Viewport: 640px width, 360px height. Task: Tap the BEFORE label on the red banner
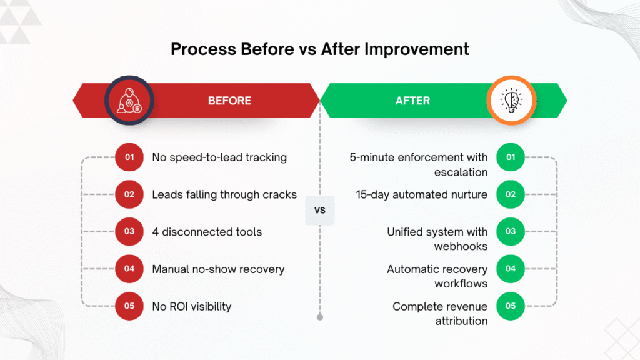click(x=229, y=101)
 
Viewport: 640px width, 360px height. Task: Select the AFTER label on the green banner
click(x=412, y=101)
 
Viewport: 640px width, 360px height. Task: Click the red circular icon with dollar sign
click(x=129, y=101)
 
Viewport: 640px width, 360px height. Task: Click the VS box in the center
click(x=320, y=211)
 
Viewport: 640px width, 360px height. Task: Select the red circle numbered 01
click(x=129, y=157)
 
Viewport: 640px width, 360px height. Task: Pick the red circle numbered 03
click(x=129, y=232)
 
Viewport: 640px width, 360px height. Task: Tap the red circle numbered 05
click(x=129, y=306)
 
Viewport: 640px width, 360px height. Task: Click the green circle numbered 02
click(x=511, y=194)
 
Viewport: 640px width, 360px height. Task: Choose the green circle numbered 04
click(x=511, y=269)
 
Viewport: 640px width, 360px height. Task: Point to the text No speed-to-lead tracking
click(x=219, y=157)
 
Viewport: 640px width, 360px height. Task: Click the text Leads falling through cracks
click(x=224, y=194)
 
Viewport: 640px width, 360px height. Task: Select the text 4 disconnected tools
click(x=207, y=232)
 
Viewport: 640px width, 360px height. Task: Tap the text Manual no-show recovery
click(x=218, y=269)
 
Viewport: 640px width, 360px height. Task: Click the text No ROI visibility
click(x=192, y=306)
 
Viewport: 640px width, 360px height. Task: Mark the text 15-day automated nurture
click(x=422, y=194)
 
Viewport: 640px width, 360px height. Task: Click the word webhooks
click(x=461, y=246)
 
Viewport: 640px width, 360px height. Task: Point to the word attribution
click(x=461, y=321)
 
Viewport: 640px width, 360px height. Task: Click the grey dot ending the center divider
click(x=320, y=317)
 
